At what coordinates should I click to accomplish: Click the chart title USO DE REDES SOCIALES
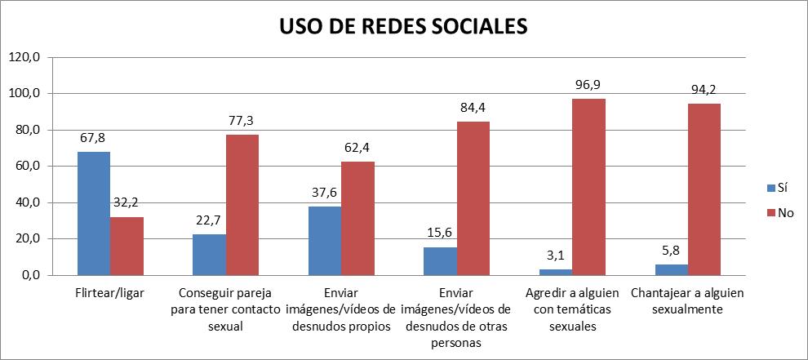point(403,26)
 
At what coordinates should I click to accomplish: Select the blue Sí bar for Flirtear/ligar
point(94,214)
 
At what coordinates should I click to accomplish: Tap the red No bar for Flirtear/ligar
point(127,246)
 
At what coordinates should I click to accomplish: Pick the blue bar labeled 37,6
point(325,241)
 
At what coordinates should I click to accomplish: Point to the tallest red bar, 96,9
point(588,187)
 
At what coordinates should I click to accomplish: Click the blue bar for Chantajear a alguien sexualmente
point(671,270)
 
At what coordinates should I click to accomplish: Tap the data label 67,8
point(94,139)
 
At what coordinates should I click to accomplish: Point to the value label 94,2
point(703,90)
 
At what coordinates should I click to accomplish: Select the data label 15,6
point(440,233)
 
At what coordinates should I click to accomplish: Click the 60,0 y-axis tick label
point(29,167)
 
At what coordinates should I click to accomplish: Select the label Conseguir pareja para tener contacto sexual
point(225,309)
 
